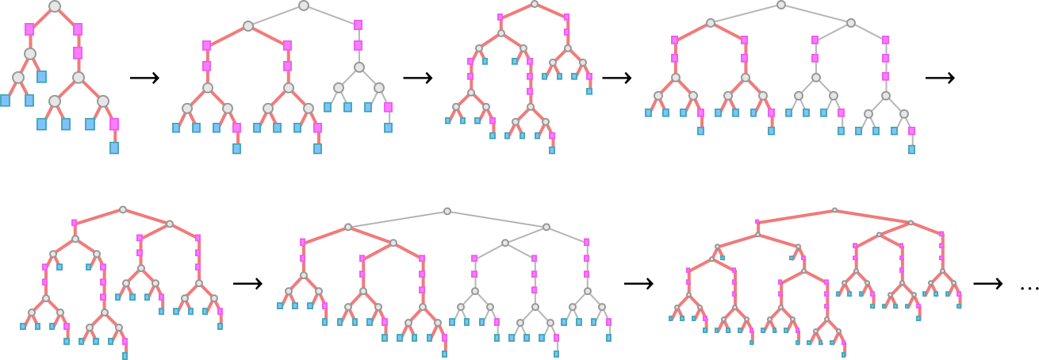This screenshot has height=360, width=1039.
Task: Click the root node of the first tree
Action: (54, 6)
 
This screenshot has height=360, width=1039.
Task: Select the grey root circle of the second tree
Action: (303, 6)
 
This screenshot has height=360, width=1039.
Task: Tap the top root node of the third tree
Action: (535, 4)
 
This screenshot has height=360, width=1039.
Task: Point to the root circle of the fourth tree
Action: (780, 5)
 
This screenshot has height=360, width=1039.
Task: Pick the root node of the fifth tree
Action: (122, 210)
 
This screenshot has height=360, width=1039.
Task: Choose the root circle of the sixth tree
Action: (447, 211)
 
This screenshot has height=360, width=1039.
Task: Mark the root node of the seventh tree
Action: (834, 210)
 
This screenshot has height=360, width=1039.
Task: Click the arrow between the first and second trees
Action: (144, 78)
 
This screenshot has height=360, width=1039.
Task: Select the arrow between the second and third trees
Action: (417, 78)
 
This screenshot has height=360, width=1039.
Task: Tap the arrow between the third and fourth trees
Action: (616, 78)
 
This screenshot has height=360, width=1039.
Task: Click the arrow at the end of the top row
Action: (940, 78)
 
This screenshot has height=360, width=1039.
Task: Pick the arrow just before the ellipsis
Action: (988, 284)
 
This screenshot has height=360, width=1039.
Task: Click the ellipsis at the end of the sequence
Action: (1029, 287)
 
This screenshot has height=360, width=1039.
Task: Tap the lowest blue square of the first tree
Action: (114, 148)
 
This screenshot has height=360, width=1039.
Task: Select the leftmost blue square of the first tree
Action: (6, 101)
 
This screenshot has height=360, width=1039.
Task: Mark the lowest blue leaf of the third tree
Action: (552, 150)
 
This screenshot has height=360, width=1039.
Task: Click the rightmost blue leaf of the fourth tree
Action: (911, 149)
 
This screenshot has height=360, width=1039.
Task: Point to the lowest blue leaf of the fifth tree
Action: (125, 356)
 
